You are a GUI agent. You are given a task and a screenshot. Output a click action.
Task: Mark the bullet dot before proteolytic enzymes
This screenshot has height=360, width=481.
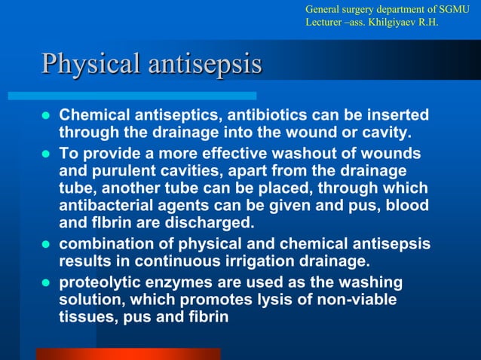click(45, 283)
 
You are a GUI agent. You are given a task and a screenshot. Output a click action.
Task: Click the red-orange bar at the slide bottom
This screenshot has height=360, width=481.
click(128, 354)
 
